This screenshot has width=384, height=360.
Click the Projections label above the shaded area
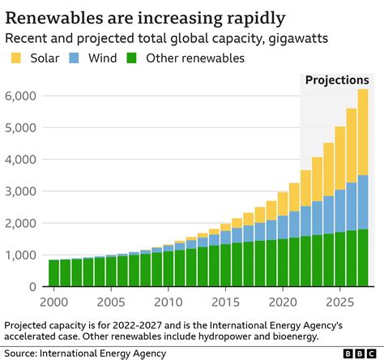tap(336, 80)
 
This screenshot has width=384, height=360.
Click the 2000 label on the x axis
tap(53, 302)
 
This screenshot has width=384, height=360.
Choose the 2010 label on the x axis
tap(168, 302)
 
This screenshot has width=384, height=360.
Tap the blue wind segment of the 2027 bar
tap(362, 202)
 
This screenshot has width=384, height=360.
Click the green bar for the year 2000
tap(53, 272)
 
